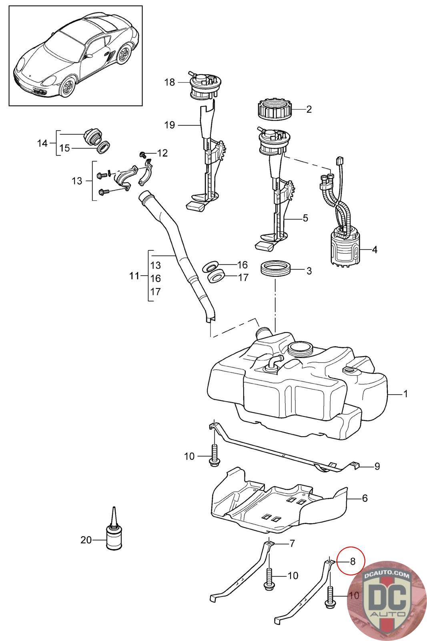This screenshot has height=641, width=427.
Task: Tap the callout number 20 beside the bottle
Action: point(86,540)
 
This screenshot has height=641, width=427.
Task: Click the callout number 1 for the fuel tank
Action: point(405,394)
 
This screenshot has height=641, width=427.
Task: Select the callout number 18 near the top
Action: point(169,83)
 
